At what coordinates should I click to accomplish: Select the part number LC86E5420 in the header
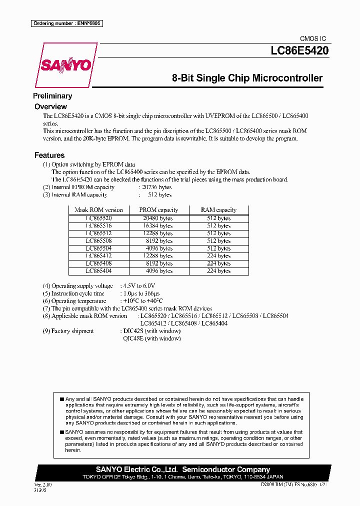tap(299, 50)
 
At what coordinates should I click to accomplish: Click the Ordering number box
tap(66, 23)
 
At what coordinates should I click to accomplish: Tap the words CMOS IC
tap(312, 38)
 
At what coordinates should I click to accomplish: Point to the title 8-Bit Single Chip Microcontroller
tap(247, 78)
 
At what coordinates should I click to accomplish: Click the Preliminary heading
tap(52, 96)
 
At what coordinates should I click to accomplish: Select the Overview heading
tap(50, 106)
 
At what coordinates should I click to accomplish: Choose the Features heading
tap(49, 155)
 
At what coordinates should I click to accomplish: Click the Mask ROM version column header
tap(98, 210)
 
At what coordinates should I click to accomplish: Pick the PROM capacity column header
tap(158, 210)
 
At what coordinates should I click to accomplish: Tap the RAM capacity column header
tap(218, 210)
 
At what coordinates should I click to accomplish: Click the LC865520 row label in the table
tap(98, 218)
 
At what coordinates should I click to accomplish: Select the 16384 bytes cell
tap(158, 226)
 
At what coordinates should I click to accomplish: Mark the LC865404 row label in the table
tap(98, 271)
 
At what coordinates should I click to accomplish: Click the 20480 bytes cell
tap(158, 218)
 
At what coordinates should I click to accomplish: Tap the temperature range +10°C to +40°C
tap(142, 301)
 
